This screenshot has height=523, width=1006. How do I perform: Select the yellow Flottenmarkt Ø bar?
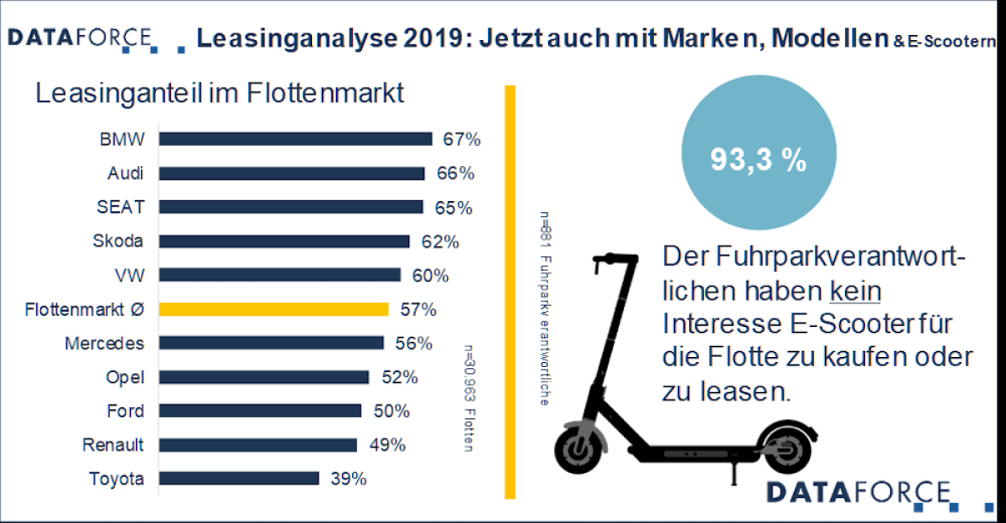[x=273, y=309]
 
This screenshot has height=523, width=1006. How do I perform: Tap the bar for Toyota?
[x=239, y=479]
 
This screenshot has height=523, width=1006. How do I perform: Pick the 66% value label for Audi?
[x=455, y=173]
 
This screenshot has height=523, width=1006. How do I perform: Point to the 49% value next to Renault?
[x=387, y=445]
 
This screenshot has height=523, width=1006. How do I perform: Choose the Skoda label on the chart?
[x=117, y=241]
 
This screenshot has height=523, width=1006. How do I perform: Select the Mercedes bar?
[x=271, y=343]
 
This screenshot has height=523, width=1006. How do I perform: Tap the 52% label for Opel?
[x=399, y=377]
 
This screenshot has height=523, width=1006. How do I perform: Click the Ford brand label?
[x=125, y=411]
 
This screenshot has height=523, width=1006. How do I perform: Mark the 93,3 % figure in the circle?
[x=758, y=161]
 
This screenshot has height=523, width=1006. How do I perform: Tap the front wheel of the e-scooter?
[x=578, y=451]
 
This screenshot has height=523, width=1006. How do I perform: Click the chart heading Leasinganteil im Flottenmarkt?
[x=220, y=92]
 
